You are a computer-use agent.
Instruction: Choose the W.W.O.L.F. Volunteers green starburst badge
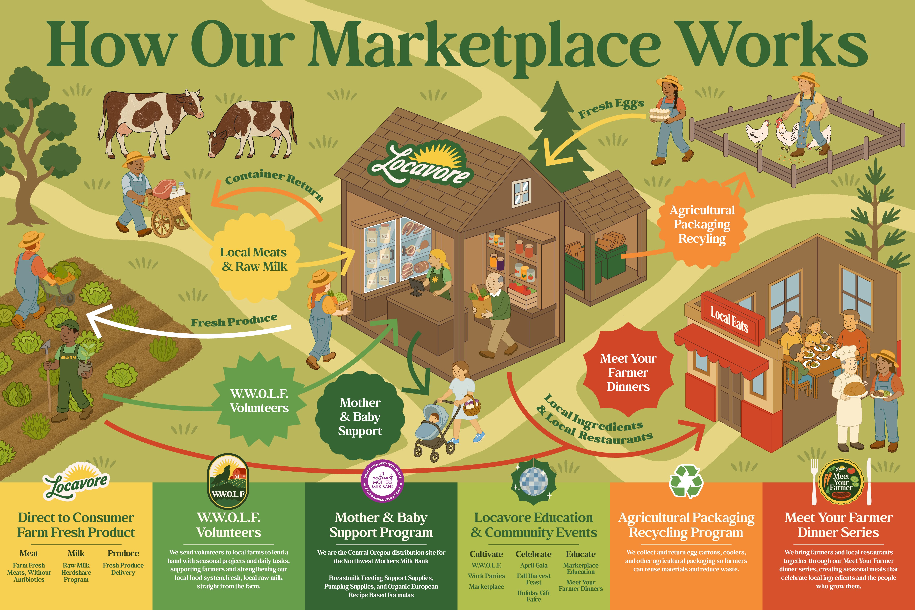click(x=259, y=401)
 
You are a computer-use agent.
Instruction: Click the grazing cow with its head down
click(x=253, y=128)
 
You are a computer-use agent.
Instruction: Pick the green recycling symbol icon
click(x=686, y=481)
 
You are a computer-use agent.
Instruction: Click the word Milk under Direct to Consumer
click(x=76, y=553)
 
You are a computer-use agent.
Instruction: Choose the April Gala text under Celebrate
click(x=533, y=565)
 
